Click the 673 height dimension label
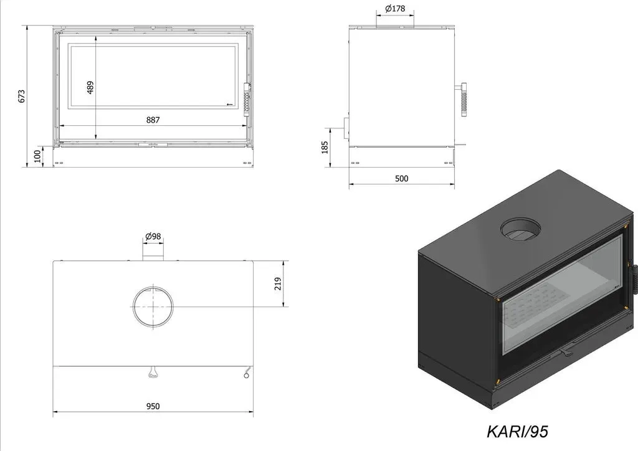pyautogui.click(x=22, y=97)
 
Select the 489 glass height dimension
pyautogui.click(x=90, y=87)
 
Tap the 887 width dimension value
pyautogui.click(x=153, y=120)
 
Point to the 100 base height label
pyautogui.click(x=37, y=156)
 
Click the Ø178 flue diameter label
pyautogui.click(x=394, y=9)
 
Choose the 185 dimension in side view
pyautogui.click(x=325, y=147)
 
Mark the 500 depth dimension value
pyautogui.click(x=402, y=179)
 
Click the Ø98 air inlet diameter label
pyautogui.click(x=153, y=236)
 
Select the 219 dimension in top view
pyautogui.click(x=278, y=283)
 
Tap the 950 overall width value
pyautogui.click(x=153, y=406)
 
